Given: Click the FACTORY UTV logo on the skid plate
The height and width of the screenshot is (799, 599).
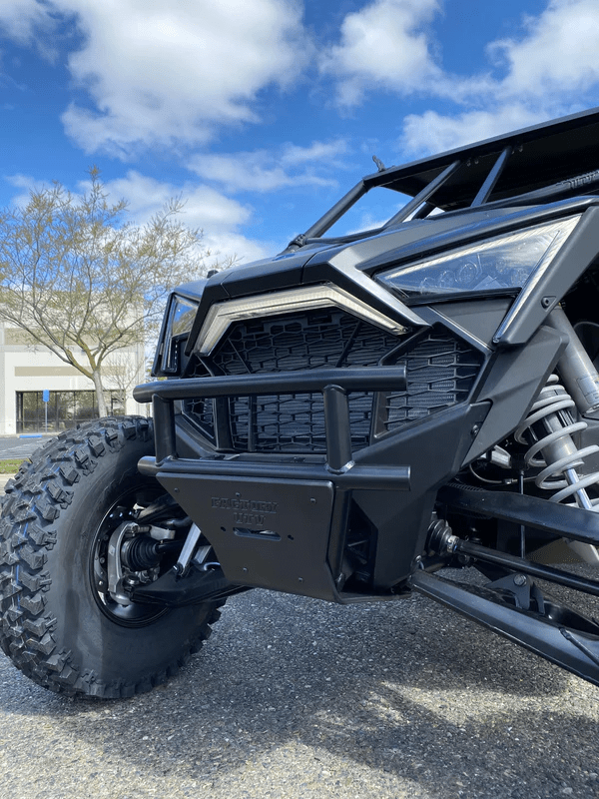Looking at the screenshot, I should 244,510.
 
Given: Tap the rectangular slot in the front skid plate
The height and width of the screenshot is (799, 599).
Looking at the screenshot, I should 259,535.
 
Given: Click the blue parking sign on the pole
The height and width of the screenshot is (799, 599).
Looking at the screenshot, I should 46,396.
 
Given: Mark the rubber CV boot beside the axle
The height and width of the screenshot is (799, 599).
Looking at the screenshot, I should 439,539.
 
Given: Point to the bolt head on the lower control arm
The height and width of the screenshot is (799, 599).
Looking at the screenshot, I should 519,579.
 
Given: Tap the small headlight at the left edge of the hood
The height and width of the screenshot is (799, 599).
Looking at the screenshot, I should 182,318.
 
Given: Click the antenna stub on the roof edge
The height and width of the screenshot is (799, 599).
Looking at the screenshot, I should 378,162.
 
